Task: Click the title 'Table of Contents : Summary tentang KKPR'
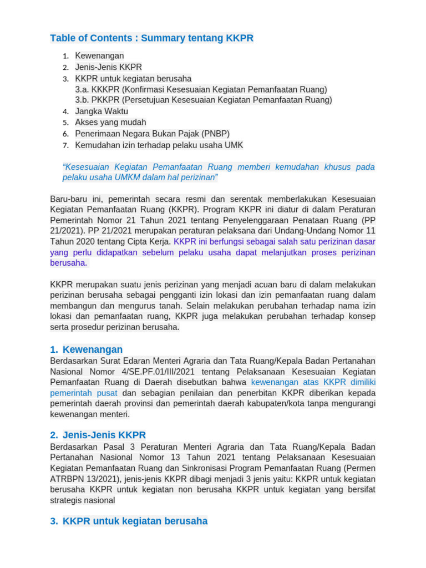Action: point(151,38)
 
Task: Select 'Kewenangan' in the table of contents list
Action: point(99,55)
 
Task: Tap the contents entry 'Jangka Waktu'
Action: point(102,111)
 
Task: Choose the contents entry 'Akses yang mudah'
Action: point(110,123)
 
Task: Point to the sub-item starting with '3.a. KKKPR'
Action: point(201,89)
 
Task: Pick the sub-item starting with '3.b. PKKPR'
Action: point(204,100)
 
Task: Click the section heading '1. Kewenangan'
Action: point(86,349)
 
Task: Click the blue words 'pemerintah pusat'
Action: point(84,393)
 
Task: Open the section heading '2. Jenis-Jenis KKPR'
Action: point(98,435)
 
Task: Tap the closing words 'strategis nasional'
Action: point(83,501)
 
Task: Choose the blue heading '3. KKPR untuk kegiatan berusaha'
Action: point(129,521)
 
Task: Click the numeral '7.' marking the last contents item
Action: point(65,145)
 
